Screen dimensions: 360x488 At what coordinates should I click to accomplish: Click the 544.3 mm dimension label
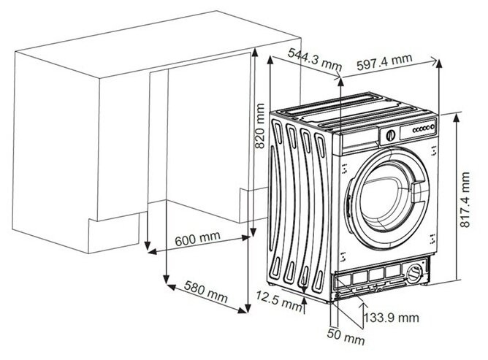click(x=314, y=53)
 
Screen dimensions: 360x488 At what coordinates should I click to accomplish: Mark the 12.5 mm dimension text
click(x=277, y=299)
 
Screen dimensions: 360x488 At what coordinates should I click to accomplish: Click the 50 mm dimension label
click(x=345, y=340)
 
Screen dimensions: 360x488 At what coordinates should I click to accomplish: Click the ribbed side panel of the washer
click(x=300, y=204)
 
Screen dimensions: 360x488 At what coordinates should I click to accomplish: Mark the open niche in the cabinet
click(x=194, y=139)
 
